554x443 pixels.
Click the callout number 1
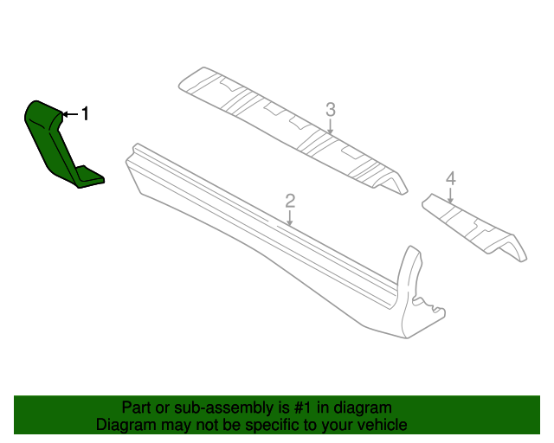(x=85, y=113)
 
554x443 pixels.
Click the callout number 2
(x=291, y=201)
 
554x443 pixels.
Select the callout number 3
(x=330, y=109)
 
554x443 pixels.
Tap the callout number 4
(x=450, y=178)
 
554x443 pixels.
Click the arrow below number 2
(x=291, y=218)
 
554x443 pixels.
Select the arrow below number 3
(x=330, y=126)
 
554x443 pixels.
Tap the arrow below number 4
(x=450, y=195)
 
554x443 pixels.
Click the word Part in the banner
(x=137, y=408)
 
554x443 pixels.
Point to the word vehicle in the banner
(x=381, y=425)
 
